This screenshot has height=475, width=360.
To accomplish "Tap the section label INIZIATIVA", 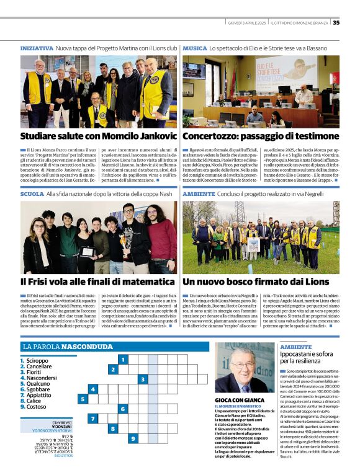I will [37, 48].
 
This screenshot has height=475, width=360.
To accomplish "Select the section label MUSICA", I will [195, 48].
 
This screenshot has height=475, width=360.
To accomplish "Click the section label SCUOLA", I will [32, 194].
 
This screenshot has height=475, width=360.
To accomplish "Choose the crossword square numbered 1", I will [123, 360].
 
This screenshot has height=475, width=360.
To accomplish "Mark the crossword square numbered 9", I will [133, 438].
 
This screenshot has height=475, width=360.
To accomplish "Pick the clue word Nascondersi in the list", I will [42, 378].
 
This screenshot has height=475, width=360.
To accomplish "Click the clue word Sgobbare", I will [38, 389].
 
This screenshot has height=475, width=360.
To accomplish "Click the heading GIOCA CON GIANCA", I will [238, 401].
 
